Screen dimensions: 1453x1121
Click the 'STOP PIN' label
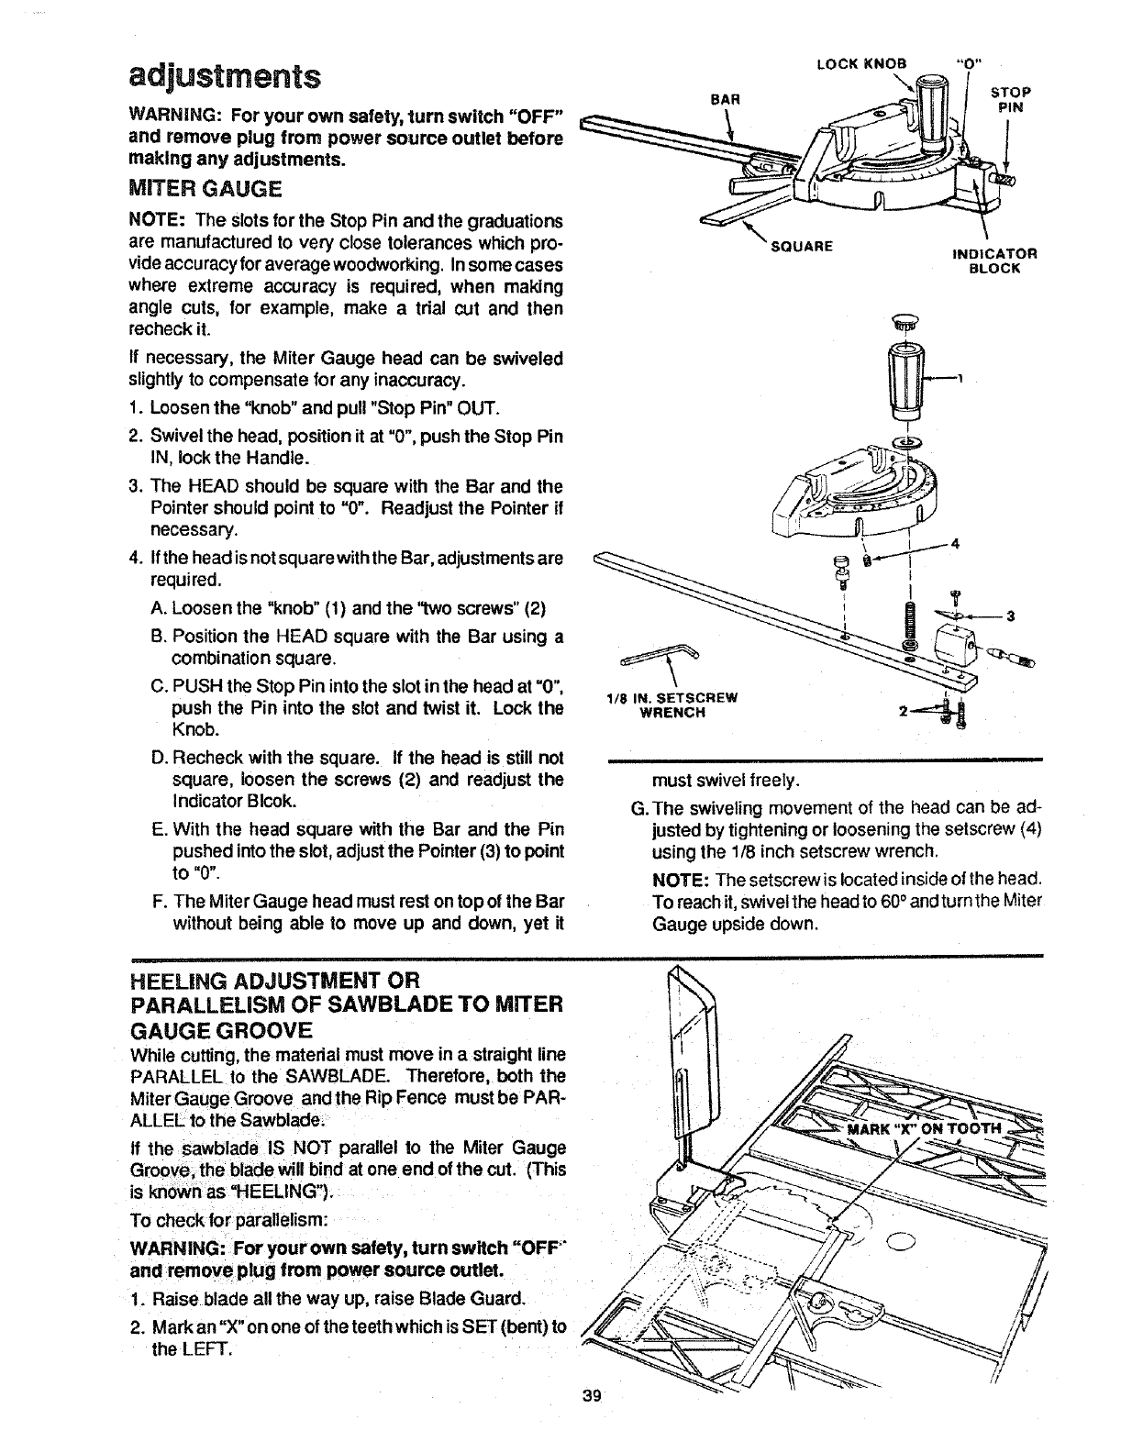tap(1012, 98)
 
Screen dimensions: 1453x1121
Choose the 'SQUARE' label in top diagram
tap(801, 246)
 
